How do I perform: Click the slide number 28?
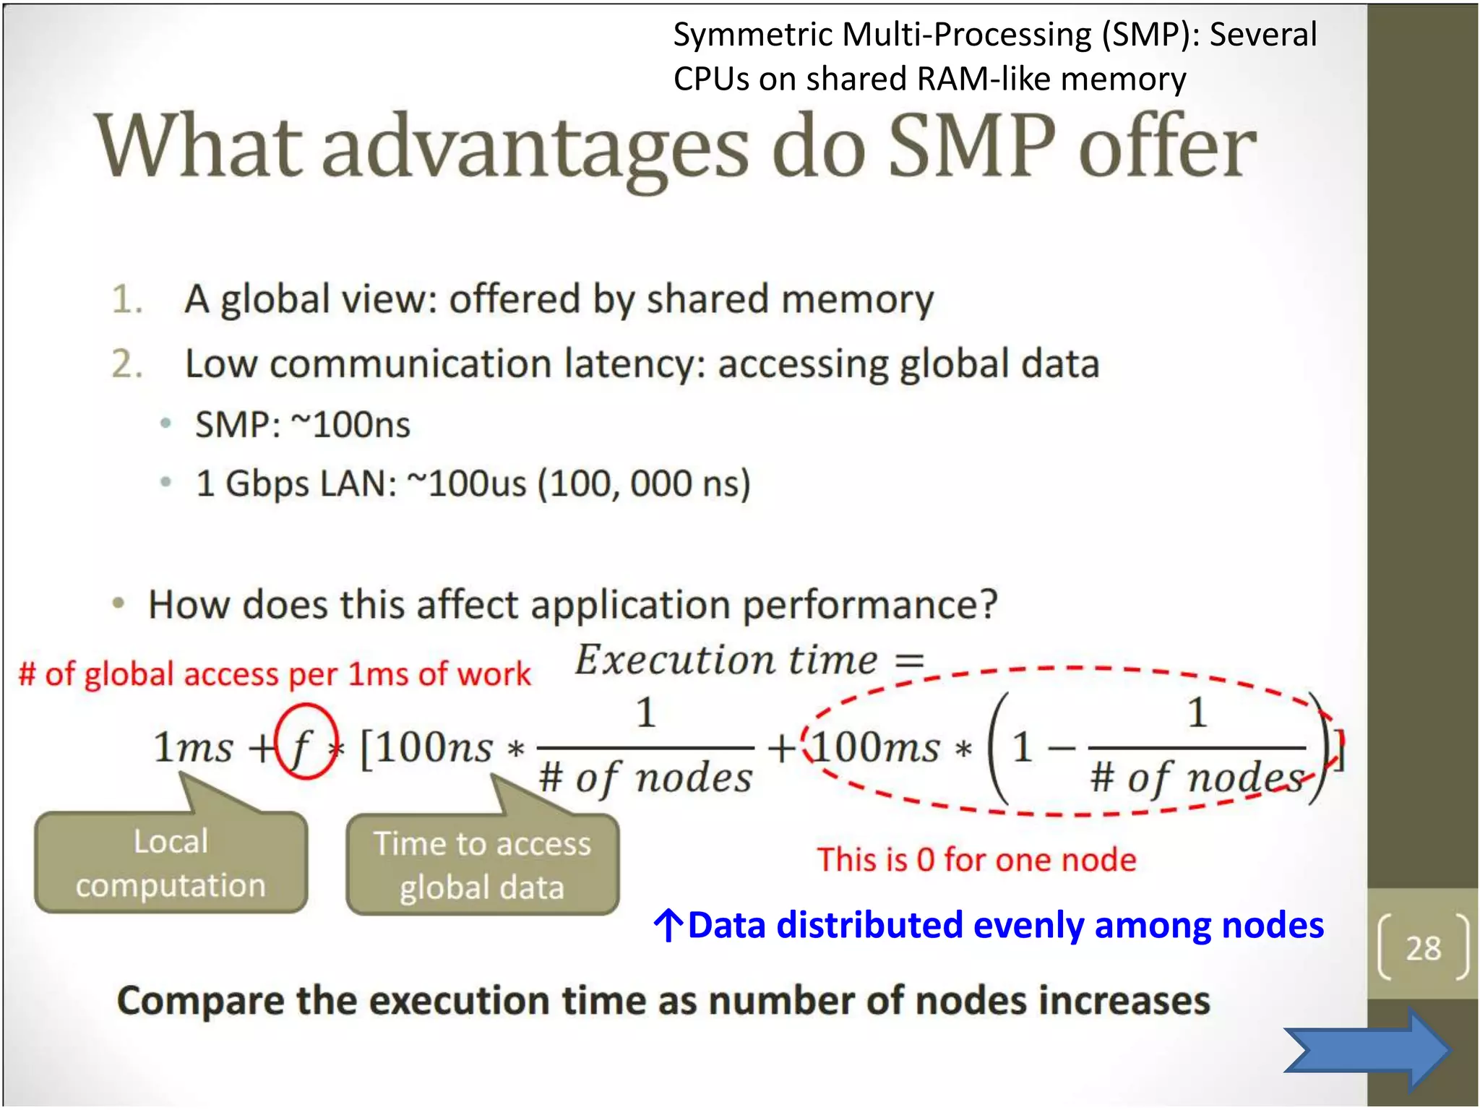pyautogui.click(x=1423, y=948)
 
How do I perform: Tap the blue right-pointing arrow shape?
pyautogui.click(x=1367, y=1050)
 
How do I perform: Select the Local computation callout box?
pyautogui.click(x=171, y=863)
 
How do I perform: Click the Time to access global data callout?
pyautogui.click(x=482, y=866)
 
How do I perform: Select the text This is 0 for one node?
pyautogui.click(x=976, y=860)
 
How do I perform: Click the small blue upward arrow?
pyautogui.click(x=668, y=926)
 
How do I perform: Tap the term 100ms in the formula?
pyautogui.click(x=875, y=747)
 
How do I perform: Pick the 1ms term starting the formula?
pyautogui.click(x=193, y=747)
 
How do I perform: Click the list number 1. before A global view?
pyautogui.click(x=126, y=299)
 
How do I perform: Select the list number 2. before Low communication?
pyautogui.click(x=126, y=363)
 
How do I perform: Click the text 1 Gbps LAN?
pyautogui.click(x=296, y=483)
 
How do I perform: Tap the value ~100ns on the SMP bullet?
pyautogui.click(x=350, y=424)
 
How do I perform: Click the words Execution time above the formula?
pyautogui.click(x=726, y=660)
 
